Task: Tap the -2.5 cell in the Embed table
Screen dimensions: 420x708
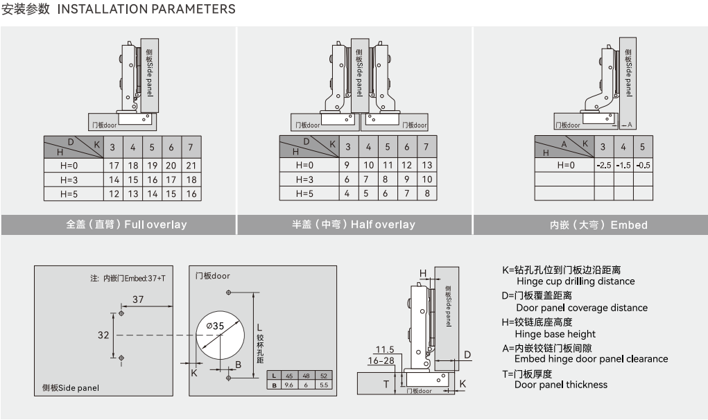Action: (x=603, y=165)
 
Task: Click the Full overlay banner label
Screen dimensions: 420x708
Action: (x=126, y=225)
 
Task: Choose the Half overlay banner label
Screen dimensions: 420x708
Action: (x=354, y=225)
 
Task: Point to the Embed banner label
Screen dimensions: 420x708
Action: (x=598, y=225)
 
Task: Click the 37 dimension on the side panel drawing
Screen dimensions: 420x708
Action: (x=138, y=299)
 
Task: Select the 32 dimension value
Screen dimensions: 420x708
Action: (x=103, y=335)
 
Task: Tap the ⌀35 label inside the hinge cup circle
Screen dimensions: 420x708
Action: (x=214, y=326)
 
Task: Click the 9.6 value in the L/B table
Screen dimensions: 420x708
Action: (x=288, y=385)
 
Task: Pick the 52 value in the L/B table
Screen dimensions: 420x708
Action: (x=324, y=376)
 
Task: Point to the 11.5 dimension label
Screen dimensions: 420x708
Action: (x=385, y=349)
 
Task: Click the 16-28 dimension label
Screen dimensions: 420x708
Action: (x=381, y=360)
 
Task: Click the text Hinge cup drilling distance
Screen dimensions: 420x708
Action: (x=576, y=281)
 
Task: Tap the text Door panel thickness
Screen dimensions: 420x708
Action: (x=561, y=385)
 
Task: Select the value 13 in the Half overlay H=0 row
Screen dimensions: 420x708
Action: (x=427, y=166)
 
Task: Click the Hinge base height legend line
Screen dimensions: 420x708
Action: (x=555, y=333)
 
